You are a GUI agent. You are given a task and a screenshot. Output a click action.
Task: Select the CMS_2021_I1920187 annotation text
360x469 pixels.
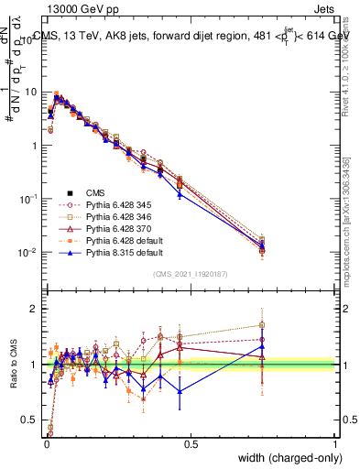coord(190,273)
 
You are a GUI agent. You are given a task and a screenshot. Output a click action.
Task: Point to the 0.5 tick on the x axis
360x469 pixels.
coord(190,444)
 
